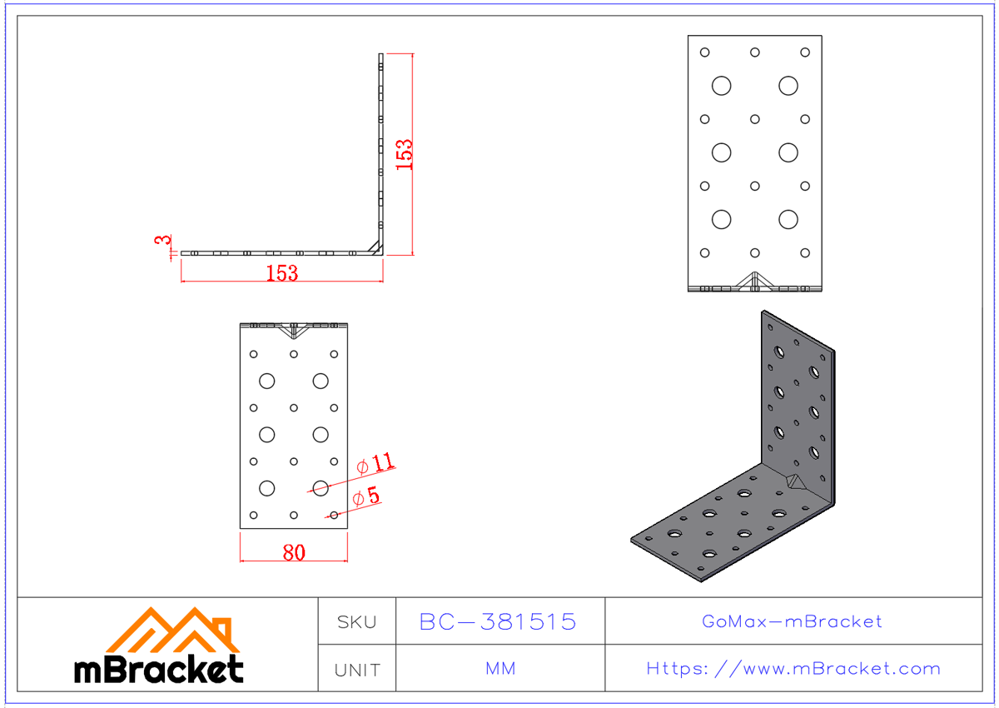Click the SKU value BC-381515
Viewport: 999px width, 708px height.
pos(498,621)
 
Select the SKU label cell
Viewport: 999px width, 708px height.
pos(356,621)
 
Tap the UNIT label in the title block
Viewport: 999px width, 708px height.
pos(356,669)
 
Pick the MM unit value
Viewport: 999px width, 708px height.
pos(499,669)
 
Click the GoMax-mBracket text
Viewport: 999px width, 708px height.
pos(792,621)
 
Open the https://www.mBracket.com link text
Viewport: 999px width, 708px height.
pos(793,669)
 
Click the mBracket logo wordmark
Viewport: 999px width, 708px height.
pos(159,669)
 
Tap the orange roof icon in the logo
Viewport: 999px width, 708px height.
pos(172,630)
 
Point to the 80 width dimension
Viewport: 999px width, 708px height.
pos(294,552)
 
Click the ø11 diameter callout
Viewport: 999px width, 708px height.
pos(375,464)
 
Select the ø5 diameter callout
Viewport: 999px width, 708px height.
pos(366,497)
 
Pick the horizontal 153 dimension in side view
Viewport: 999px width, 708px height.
pos(281,273)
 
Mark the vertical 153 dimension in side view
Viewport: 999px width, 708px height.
pos(404,154)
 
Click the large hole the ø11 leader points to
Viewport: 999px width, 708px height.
pos(321,487)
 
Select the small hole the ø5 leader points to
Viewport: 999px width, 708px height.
pos(334,515)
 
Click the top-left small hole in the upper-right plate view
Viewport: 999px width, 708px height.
pos(704,52)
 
